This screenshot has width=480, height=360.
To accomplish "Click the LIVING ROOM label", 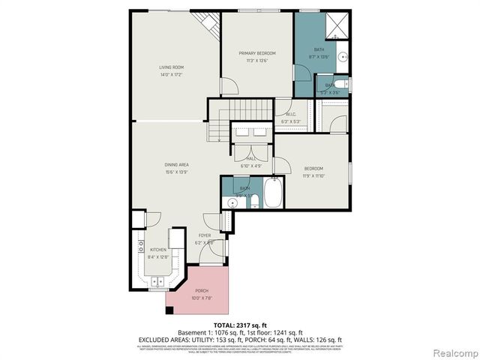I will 171,67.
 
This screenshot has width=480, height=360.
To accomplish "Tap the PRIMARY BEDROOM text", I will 257,53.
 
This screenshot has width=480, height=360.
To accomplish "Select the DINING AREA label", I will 176,164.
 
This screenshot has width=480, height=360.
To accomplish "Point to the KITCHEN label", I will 157,249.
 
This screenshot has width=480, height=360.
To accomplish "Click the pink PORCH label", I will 201,290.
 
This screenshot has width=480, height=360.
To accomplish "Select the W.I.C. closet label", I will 290,114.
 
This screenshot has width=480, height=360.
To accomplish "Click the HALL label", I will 249,158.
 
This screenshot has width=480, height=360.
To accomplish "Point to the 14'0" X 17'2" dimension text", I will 171,75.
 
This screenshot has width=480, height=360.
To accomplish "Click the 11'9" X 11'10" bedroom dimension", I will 313,175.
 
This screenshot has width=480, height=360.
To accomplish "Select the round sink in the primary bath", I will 342,55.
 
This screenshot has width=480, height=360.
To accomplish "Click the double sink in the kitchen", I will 158,281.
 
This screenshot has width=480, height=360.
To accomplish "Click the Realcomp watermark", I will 451,352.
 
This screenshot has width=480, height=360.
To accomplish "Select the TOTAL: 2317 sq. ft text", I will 239,323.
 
